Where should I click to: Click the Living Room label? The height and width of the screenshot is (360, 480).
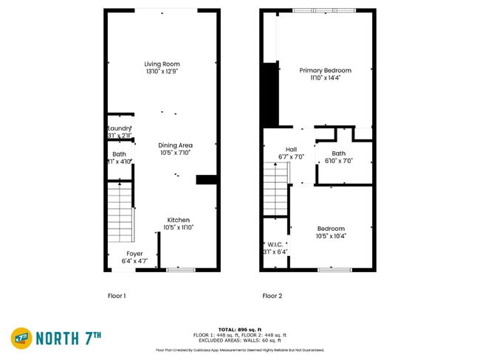162,64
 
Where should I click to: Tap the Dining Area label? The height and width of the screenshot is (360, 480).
176,145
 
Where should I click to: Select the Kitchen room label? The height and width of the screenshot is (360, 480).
178,220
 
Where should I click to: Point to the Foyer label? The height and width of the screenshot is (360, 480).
134,253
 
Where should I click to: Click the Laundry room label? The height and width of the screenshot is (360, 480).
120,128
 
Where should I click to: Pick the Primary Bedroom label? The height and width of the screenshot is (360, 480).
325,70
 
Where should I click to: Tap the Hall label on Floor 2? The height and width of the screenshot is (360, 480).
291,148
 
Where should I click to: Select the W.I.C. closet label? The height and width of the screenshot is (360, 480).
275,244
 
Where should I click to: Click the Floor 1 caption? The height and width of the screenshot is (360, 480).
117,295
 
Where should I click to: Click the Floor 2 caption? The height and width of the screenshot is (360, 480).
272,295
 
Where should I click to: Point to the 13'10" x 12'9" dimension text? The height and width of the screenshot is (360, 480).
162,72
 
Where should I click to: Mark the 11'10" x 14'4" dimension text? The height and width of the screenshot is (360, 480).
325,77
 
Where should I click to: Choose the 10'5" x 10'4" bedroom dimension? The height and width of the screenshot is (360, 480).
332,236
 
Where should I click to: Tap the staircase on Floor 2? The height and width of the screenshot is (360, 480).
275,189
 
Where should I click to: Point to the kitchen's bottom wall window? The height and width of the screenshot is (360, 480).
180,270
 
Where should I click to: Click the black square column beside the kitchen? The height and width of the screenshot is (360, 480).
205,179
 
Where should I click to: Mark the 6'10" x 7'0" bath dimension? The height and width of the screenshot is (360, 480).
338,161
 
